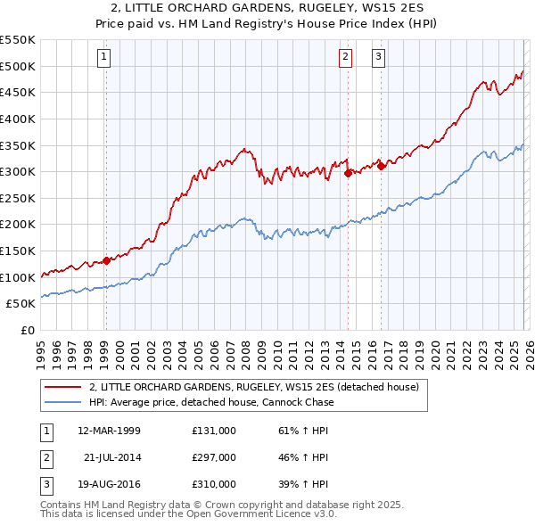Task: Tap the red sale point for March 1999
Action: click(x=106, y=260)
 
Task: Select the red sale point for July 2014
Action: click(x=348, y=174)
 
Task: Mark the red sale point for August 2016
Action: click(x=381, y=166)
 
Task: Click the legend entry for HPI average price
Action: click(x=211, y=402)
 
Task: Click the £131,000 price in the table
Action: click(x=213, y=431)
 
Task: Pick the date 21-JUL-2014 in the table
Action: click(x=115, y=457)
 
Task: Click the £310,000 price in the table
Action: click(x=213, y=484)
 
